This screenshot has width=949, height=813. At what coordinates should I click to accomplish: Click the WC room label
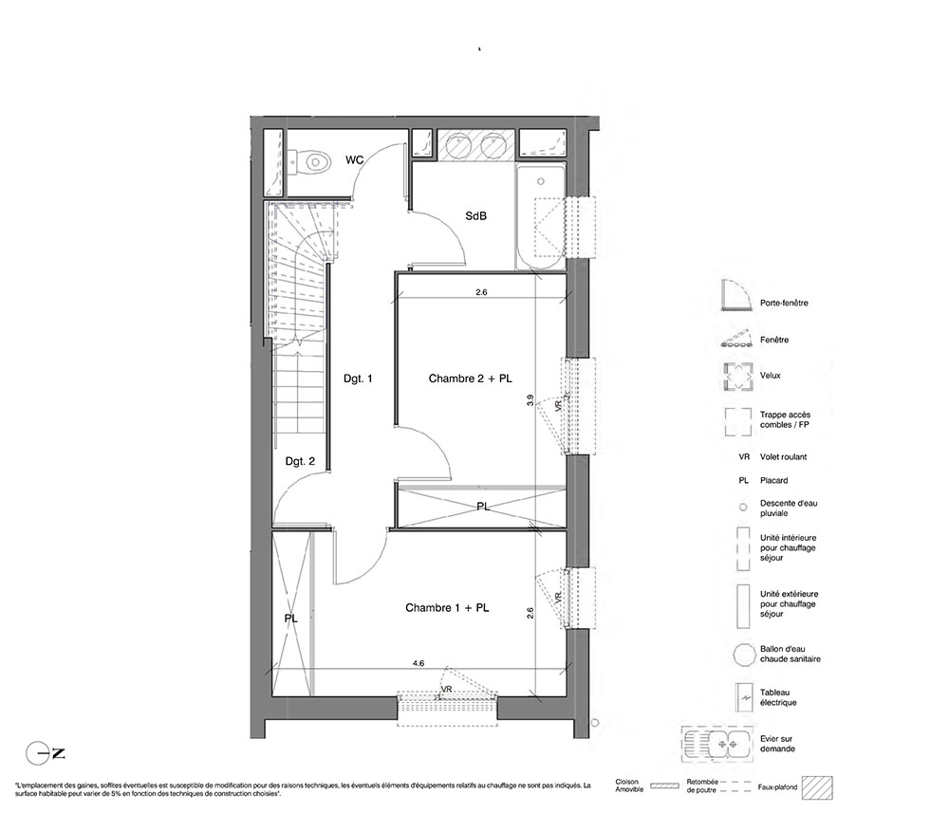click(x=355, y=159)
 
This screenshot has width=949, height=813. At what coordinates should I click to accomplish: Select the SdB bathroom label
click(x=475, y=215)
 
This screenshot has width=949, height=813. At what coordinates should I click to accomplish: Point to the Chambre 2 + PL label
click(x=471, y=379)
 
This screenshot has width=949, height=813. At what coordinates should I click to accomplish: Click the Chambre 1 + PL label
click(x=447, y=608)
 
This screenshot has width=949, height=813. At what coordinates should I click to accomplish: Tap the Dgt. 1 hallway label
click(x=358, y=379)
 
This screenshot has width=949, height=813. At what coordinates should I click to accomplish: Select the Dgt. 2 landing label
click(x=300, y=462)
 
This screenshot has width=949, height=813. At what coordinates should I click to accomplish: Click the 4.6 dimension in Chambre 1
click(x=419, y=663)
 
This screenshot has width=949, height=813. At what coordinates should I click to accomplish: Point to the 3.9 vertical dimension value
click(x=530, y=399)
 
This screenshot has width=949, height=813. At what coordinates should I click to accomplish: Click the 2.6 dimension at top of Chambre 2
click(x=481, y=292)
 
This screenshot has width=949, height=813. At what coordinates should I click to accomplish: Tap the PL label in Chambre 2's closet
click(x=483, y=507)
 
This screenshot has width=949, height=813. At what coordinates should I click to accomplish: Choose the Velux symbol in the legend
click(x=736, y=377)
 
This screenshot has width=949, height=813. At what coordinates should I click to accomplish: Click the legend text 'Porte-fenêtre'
click(x=784, y=303)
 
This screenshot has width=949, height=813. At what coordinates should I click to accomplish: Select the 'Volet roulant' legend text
click(x=783, y=457)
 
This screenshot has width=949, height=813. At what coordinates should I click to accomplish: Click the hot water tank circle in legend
click(x=743, y=655)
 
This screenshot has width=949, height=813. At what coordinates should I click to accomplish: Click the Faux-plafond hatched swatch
click(x=817, y=787)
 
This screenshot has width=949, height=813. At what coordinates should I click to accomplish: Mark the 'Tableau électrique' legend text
click(x=778, y=697)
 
